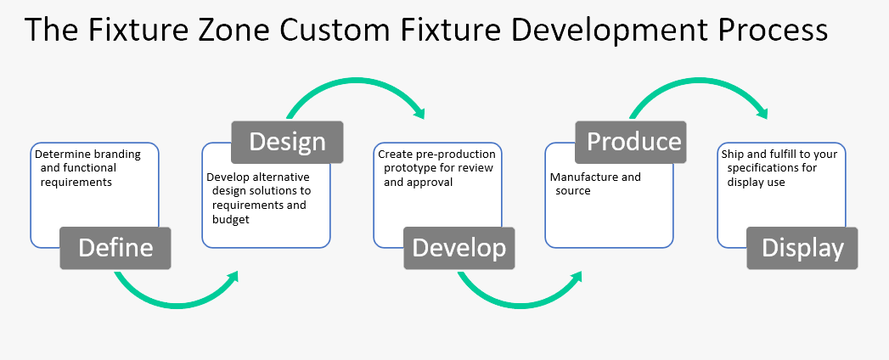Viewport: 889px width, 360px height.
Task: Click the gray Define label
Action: pyautogui.click(x=115, y=248)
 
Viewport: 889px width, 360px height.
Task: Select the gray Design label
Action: pyautogui.click(x=287, y=141)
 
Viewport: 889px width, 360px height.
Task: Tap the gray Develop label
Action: pyautogui.click(x=459, y=248)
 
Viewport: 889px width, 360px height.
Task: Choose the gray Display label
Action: pyautogui.click(x=802, y=248)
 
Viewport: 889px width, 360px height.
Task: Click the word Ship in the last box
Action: pyautogui.click(x=732, y=155)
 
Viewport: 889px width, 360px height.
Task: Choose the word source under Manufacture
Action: pyautogui.click(x=573, y=191)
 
